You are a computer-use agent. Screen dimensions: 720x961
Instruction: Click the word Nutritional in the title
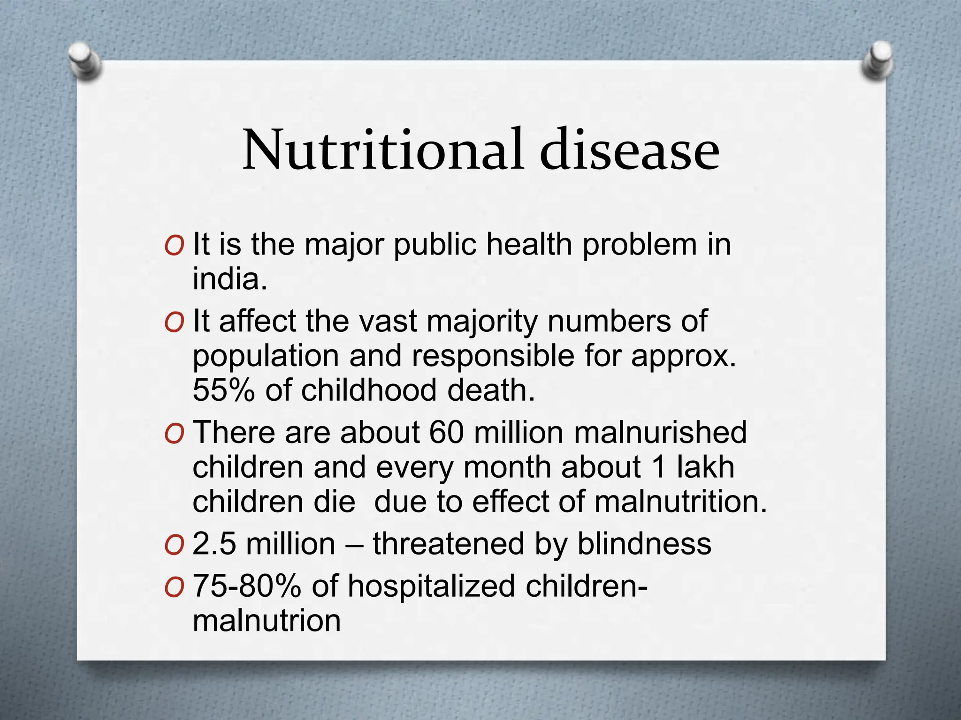(x=382, y=150)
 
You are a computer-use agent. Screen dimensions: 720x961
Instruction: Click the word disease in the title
(x=629, y=150)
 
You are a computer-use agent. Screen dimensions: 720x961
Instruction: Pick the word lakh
(x=705, y=467)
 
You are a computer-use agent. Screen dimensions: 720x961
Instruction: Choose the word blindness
(x=644, y=544)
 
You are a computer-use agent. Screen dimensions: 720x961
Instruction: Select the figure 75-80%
(x=247, y=586)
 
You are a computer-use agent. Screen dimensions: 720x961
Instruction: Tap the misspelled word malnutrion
(x=267, y=621)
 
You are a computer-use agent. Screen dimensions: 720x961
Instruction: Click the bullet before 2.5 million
(x=174, y=546)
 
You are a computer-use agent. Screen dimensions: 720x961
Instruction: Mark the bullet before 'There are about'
(x=174, y=434)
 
